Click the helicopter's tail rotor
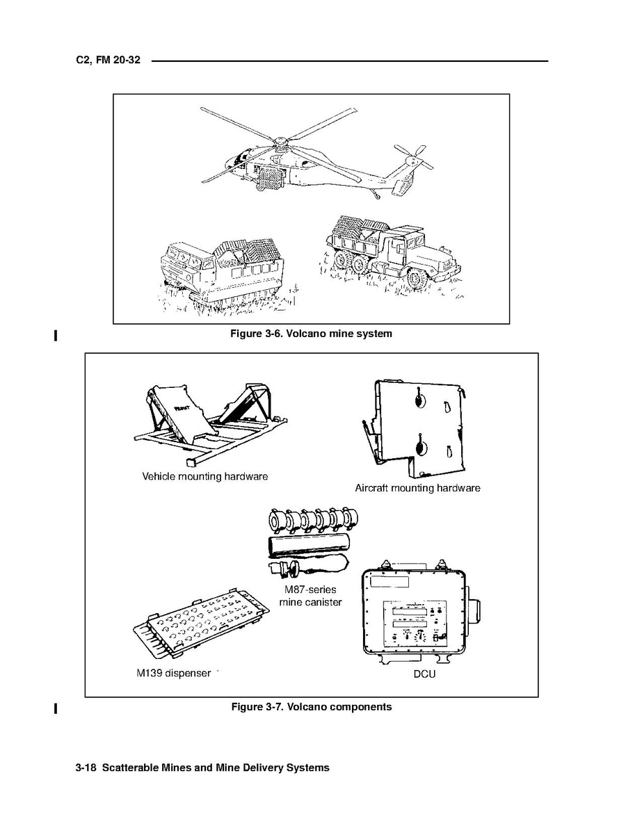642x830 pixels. (412, 157)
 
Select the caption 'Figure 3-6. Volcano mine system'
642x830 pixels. (311, 334)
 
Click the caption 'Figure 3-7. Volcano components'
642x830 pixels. (311, 707)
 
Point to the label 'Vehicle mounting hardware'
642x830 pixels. (204, 477)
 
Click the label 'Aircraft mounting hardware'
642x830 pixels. (417, 488)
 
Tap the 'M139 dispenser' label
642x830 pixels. (173, 674)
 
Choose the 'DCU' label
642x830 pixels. (424, 674)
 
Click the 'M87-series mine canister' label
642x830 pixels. (310, 596)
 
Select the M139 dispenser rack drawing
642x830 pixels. (202, 624)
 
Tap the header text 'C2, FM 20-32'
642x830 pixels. (108, 60)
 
